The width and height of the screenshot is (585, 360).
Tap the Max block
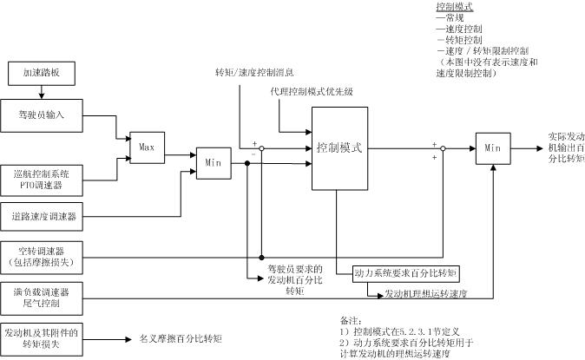[x=147, y=148]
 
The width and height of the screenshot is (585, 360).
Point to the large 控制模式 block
[x=339, y=148]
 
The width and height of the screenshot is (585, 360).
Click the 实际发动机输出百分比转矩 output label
[x=566, y=148]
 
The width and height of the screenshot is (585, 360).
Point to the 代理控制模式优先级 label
[x=309, y=91]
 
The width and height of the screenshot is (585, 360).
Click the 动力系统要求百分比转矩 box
[x=405, y=272]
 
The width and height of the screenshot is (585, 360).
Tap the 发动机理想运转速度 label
[x=426, y=294]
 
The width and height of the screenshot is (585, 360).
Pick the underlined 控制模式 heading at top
[x=454, y=7]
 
